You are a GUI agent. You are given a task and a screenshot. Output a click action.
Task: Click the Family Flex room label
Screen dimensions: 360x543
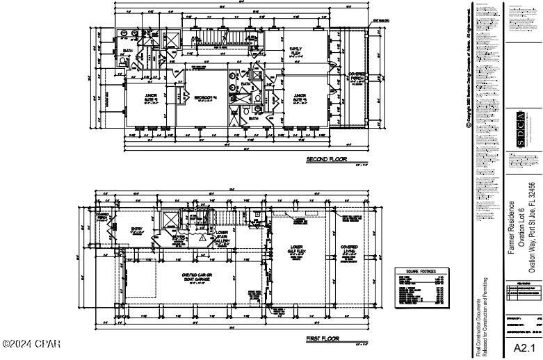click(x=295, y=50)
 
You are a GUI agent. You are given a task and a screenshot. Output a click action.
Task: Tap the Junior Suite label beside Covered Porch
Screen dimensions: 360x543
click(x=300, y=98)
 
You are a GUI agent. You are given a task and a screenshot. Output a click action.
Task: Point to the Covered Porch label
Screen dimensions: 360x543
click(x=357, y=77)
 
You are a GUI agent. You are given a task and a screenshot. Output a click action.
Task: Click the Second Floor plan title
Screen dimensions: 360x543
click(x=326, y=160)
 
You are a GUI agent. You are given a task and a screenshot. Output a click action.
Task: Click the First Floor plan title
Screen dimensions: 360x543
click(x=323, y=338)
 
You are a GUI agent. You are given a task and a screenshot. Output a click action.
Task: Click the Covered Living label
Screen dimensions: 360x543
click(x=349, y=249)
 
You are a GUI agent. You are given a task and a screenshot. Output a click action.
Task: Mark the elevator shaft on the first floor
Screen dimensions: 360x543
click(x=168, y=222)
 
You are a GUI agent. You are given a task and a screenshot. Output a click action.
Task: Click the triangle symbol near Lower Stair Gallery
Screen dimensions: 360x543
click(x=202, y=237)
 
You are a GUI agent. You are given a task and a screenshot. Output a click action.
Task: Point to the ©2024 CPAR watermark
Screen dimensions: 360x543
click(x=31, y=343)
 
